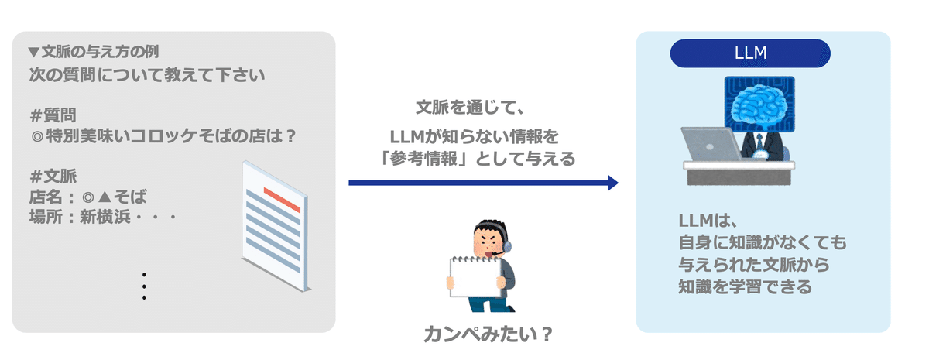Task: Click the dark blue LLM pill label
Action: pyautogui.click(x=750, y=53)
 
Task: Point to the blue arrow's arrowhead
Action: pyautogui.click(x=613, y=183)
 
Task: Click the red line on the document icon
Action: pyautogui.click(x=282, y=200)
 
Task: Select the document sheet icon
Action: pyautogui.click(x=276, y=226)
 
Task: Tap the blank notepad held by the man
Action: pyautogui.click(x=475, y=276)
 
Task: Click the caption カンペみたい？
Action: pyautogui.click(x=488, y=334)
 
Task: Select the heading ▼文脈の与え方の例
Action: pyautogui.click(x=94, y=52)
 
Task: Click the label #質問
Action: pyautogui.click(x=53, y=115)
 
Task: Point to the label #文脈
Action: pyautogui.click(x=53, y=177)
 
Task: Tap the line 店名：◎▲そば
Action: pyautogui.click(x=88, y=197)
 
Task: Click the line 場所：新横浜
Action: pyautogui.click(x=103, y=217)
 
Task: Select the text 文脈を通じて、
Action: pyautogui.click(x=471, y=108)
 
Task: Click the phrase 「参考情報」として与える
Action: pyautogui.click(x=477, y=159)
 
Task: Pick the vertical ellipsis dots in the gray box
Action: pyautogui.click(x=144, y=286)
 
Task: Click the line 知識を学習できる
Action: pyautogui.click(x=745, y=286)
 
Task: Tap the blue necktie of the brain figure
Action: pyautogui.click(x=759, y=141)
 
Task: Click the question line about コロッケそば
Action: pyautogui.click(x=163, y=135)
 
